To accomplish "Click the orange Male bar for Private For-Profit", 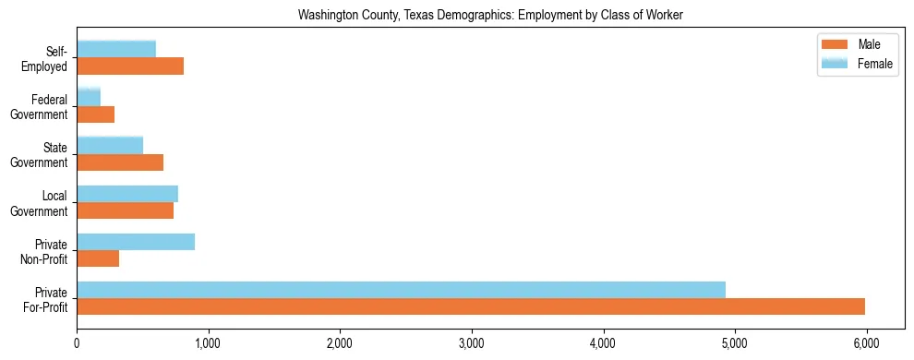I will point(471,307).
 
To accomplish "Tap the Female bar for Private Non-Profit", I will point(136,242).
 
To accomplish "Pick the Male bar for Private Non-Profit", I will point(98,259).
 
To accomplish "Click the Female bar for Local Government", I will point(127,194).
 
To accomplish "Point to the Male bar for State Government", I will point(120,162).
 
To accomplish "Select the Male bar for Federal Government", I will point(95,114).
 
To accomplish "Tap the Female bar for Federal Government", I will point(89,97).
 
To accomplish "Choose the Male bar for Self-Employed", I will point(130,66).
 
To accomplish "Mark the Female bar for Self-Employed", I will point(116,49).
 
